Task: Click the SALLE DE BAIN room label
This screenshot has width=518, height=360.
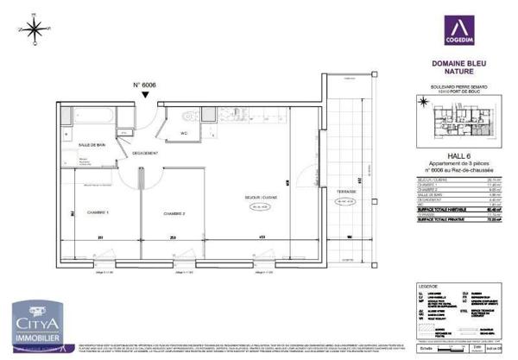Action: coord(92,144)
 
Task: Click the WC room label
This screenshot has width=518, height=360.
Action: coord(183,133)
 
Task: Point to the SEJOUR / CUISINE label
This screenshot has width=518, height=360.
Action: coord(259,198)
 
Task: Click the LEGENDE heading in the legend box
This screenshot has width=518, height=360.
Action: coord(420,286)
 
